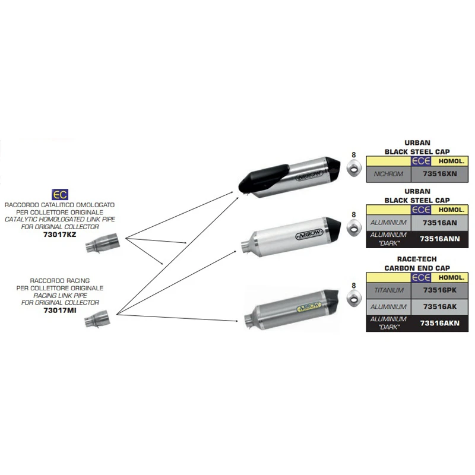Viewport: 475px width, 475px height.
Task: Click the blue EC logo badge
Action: pos(59,194)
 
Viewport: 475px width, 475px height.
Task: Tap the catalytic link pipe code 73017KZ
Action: pos(59,235)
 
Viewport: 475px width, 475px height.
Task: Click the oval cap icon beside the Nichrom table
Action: pos(354,170)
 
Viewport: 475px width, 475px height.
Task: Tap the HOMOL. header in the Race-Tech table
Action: pos(449,278)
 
